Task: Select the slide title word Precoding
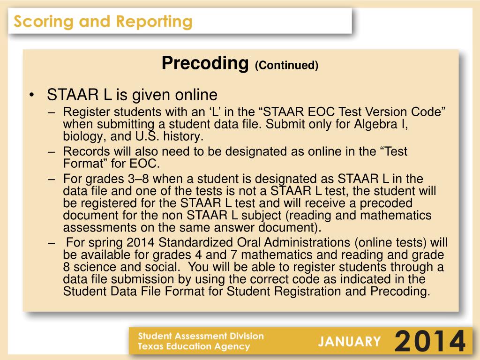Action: [204, 63]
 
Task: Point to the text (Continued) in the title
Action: [286, 65]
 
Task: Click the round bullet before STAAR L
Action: [31, 96]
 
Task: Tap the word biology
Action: [81, 136]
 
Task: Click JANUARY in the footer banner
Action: [350, 341]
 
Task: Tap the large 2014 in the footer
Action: [430, 341]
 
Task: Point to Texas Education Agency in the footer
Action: [194, 347]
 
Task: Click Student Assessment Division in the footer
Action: [201, 336]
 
